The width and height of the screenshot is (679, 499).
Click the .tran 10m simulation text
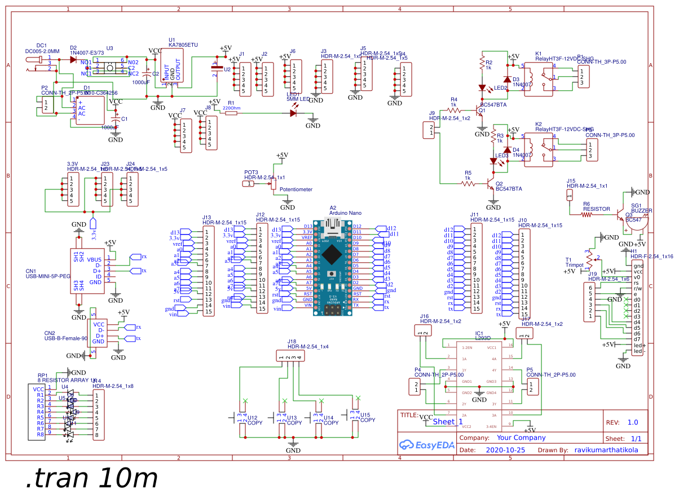pyautogui.click(x=91, y=479)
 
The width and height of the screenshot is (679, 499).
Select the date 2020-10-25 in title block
pyautogui.click(x=505, y=450)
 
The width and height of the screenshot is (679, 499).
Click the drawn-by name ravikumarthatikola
pyautogui.click(x=606, y=450)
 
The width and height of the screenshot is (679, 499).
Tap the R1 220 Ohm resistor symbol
pyautogui.click(x=232, y=113)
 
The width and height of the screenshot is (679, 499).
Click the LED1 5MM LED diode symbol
pyautogui.click(x=293, y=113)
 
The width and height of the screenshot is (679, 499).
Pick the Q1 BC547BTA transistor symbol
pyautogui.click(x=479, y=110)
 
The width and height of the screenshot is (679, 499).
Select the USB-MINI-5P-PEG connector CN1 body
pyautogui.click(x=87, y=271)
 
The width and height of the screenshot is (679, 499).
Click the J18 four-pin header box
pyautogui.click(x=291, y=356)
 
